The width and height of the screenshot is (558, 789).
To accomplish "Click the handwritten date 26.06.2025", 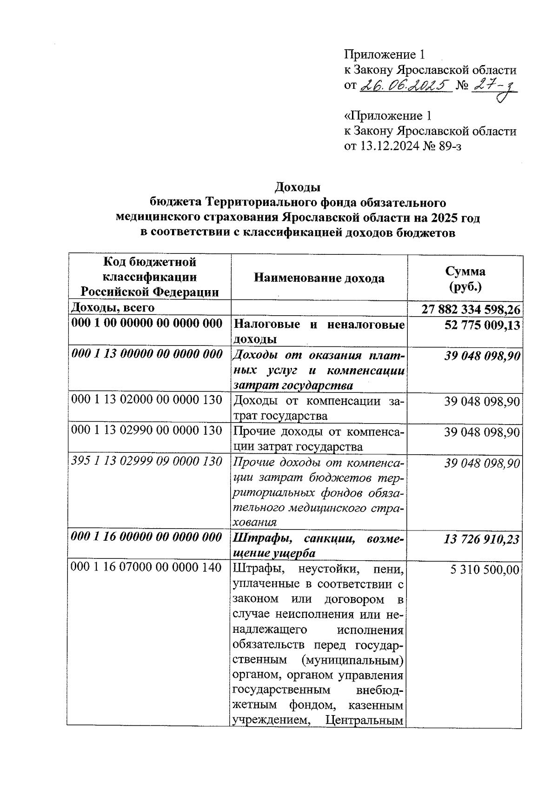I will [x=405, y=86].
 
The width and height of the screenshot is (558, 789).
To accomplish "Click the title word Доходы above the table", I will [x=298, y=187].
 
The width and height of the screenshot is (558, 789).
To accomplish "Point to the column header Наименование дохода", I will [x=319, y=278].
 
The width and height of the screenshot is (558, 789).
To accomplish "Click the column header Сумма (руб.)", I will [x=465, y=278].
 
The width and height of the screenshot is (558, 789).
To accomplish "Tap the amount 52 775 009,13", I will [x=482, y=325].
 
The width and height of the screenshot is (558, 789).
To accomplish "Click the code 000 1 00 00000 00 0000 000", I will [x=147, y=324].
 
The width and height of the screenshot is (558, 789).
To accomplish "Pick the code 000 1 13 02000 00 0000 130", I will [x=147, y=400].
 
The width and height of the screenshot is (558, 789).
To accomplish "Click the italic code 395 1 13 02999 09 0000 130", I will [x=147, y=461].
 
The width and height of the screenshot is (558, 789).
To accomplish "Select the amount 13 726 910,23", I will [x=482, y=539].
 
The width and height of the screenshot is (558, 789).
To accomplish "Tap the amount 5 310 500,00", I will [x=485, y=570].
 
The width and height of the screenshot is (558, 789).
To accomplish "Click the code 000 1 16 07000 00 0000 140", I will [x=147, y=568].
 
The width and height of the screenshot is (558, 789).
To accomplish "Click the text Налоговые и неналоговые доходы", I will [x=319, y=331].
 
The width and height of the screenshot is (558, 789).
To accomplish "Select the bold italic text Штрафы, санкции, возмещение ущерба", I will [x=319, y=545].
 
